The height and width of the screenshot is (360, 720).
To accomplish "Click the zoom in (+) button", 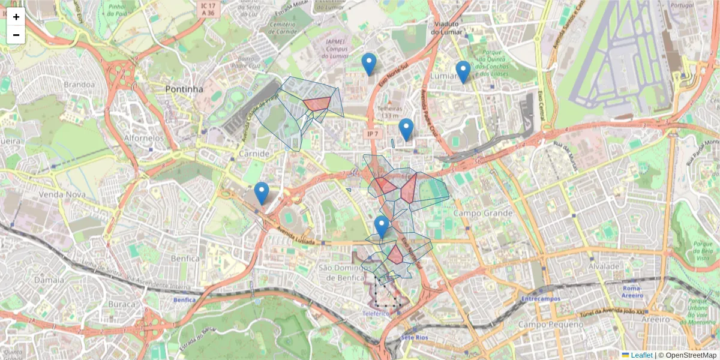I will (16, 17).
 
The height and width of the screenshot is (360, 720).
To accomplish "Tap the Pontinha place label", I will (184, 89).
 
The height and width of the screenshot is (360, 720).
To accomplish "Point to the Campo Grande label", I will (483, 213).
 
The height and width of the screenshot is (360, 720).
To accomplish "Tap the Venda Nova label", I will (59, 195).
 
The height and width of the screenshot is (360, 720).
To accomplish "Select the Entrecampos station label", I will (541, 298).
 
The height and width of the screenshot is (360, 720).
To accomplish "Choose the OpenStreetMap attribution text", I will (687, 355).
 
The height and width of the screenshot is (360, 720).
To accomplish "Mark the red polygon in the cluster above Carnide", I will (317, 104).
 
